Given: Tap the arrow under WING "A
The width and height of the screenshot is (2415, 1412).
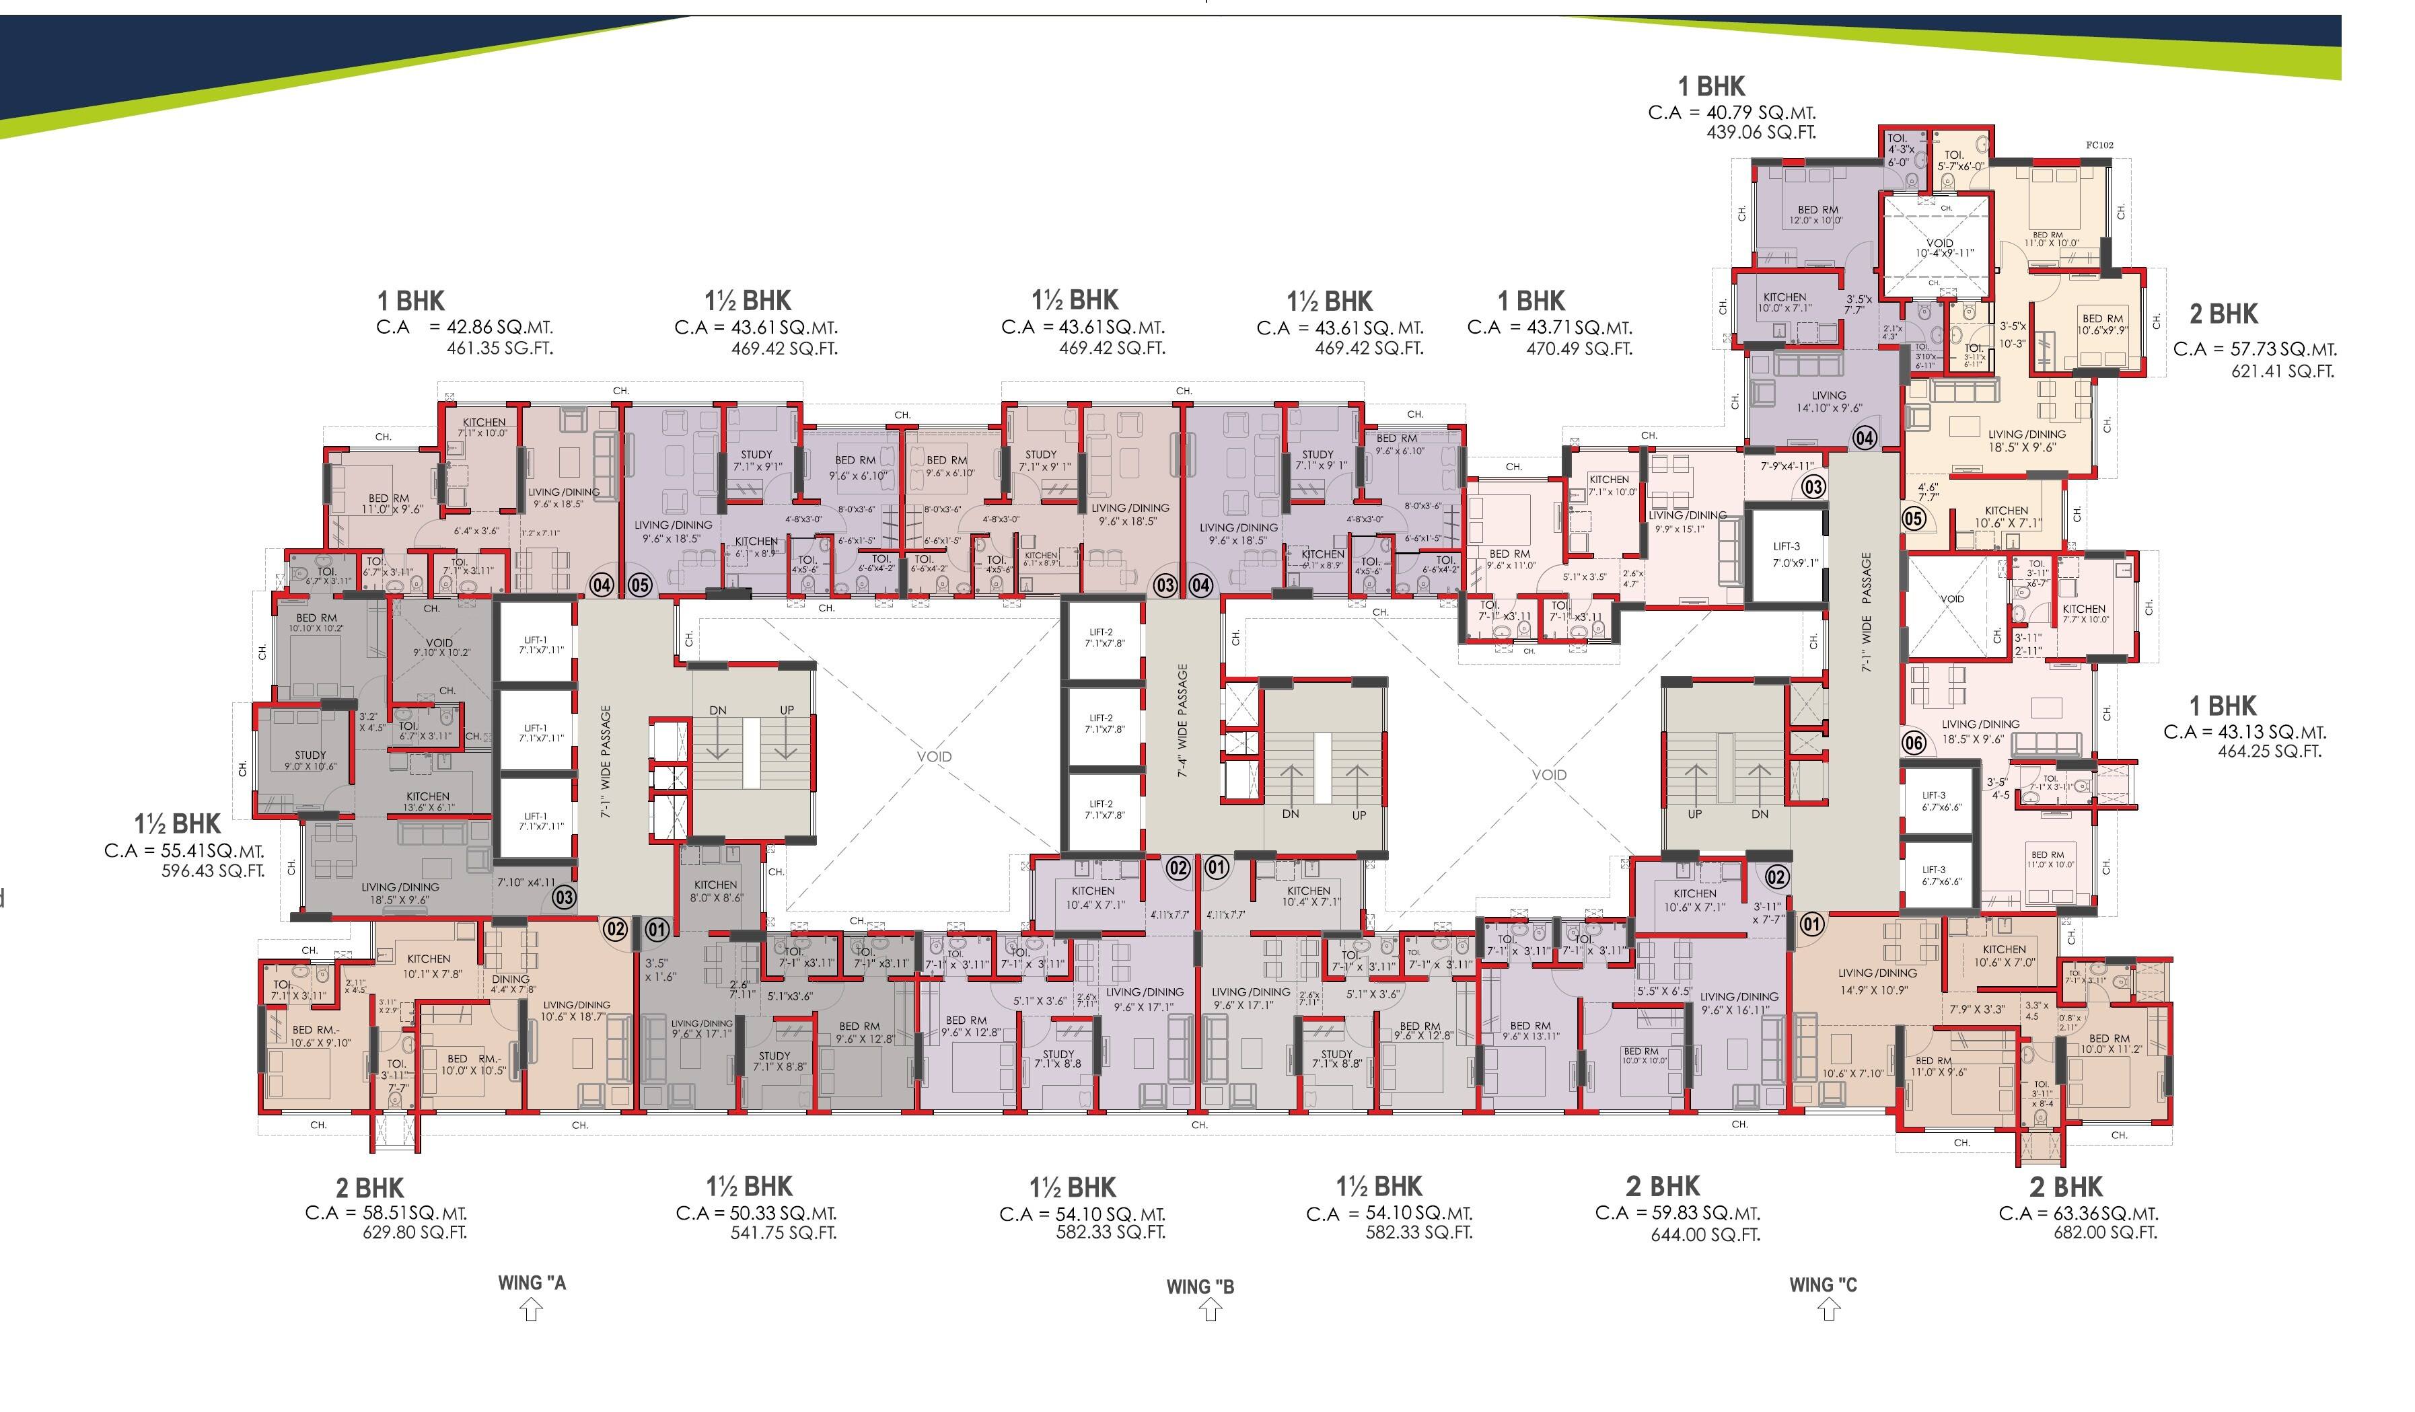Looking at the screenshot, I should [x=531, y=1310].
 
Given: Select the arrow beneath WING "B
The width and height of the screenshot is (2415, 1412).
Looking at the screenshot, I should [x=1211, y=1310].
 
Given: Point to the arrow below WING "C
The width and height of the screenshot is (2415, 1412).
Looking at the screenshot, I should [x=1828, y=1310].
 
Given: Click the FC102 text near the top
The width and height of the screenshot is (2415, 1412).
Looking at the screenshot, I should [x=2099, y=145].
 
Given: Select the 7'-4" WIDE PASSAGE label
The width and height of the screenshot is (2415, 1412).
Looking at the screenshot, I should [x=1182, y=719].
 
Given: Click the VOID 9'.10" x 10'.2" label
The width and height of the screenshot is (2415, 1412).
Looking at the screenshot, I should [x=440, y=648].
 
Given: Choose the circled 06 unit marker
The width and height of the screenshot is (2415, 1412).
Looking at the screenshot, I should [x=1914, y=743].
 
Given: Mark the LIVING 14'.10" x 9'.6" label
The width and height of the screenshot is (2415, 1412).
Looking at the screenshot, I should [x=1828, y=402].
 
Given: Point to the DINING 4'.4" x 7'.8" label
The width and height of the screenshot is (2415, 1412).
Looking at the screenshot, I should [x=512, y=983].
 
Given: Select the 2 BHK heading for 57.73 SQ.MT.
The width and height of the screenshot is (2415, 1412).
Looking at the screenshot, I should [x=2223, y=314].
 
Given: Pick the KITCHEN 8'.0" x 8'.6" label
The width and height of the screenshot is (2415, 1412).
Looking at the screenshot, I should [x=716, y=891].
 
